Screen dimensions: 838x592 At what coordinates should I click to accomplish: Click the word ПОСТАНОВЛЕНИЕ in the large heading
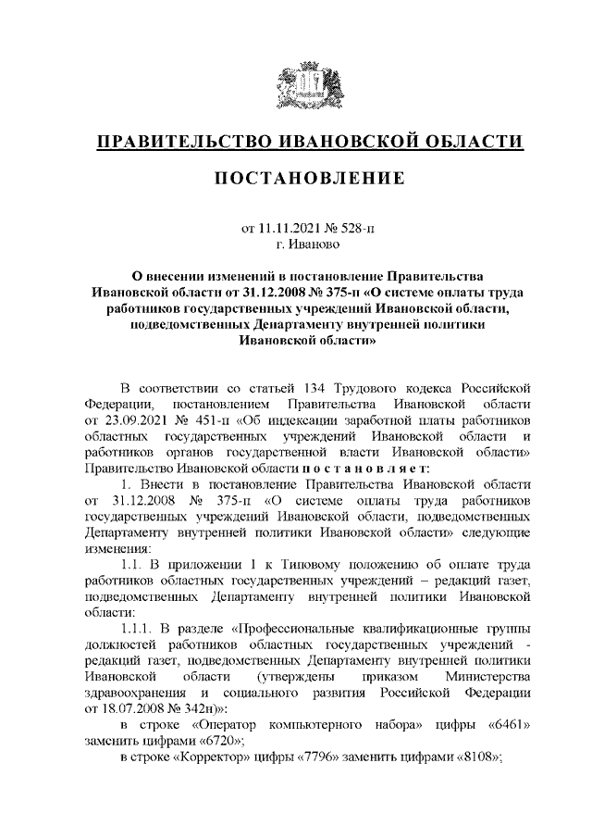[311, 178]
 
